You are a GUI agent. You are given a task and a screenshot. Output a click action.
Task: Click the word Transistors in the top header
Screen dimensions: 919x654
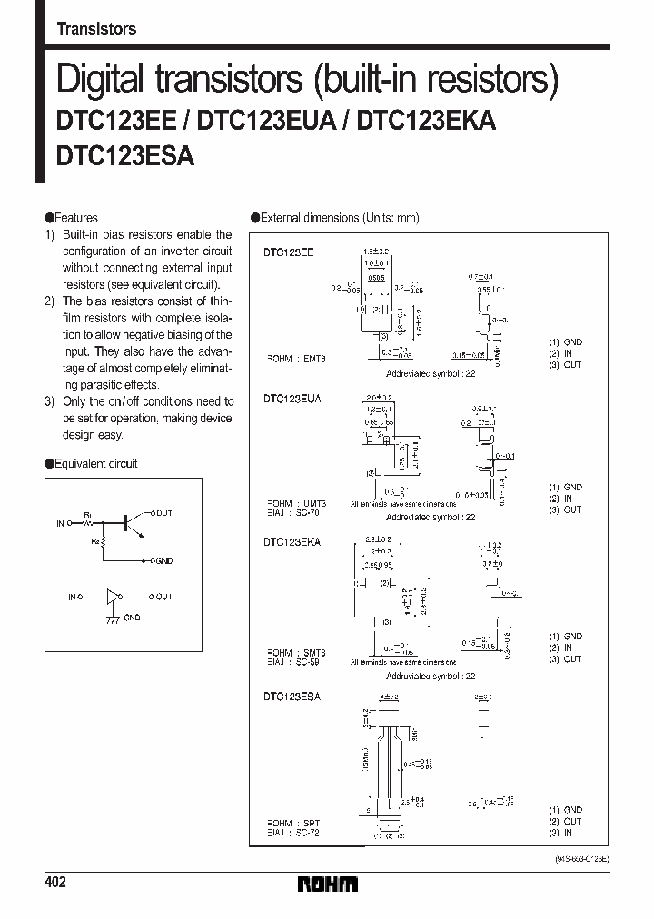click(x=96, y=29)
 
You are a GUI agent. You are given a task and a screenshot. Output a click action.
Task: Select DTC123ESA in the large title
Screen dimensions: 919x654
click(x=124, y=155)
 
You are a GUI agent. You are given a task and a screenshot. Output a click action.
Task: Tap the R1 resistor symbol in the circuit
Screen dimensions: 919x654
click(x=89, y=524)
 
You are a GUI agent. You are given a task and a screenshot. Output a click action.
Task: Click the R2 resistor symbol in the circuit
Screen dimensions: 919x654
click(x=102, y=545)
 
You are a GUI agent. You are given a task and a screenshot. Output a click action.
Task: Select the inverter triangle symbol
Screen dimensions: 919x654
click(x=113, y=597)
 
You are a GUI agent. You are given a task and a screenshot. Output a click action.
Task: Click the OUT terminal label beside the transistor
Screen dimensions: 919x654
click(x=162, y=513)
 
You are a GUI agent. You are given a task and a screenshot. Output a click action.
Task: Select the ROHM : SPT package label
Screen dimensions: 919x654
click(x=293, y=822)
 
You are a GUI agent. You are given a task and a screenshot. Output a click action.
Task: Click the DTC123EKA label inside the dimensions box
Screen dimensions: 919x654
click(x=292, y=541)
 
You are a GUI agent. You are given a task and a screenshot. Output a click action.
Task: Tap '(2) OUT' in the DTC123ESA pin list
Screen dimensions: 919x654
click(x=565, y=822)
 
